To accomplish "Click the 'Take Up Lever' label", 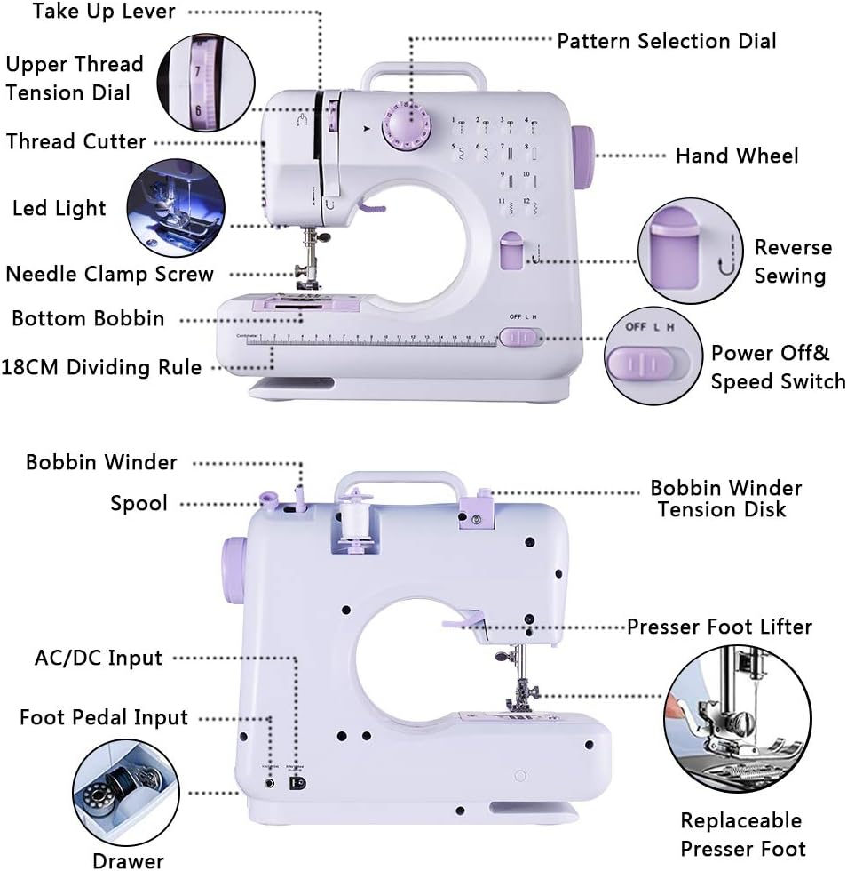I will (x=105, y=12).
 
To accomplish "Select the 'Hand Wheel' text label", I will (x=736, y=156).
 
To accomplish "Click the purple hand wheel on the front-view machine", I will (x=583, y=156).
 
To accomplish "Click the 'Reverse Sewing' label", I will (x=792, y=261).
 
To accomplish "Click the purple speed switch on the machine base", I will (x=519, y=337).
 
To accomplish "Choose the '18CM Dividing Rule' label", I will (x=101, y=367).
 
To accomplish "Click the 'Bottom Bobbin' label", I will (x=88, y=318).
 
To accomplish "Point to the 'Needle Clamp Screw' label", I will (x=109, y=273).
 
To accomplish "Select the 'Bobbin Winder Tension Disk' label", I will (x=725, y=499).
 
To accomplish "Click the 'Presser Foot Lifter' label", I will (x=719, y=627).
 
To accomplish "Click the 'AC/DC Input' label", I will (x=98, y=658).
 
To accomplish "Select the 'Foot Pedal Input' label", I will (x=104, y=717).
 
